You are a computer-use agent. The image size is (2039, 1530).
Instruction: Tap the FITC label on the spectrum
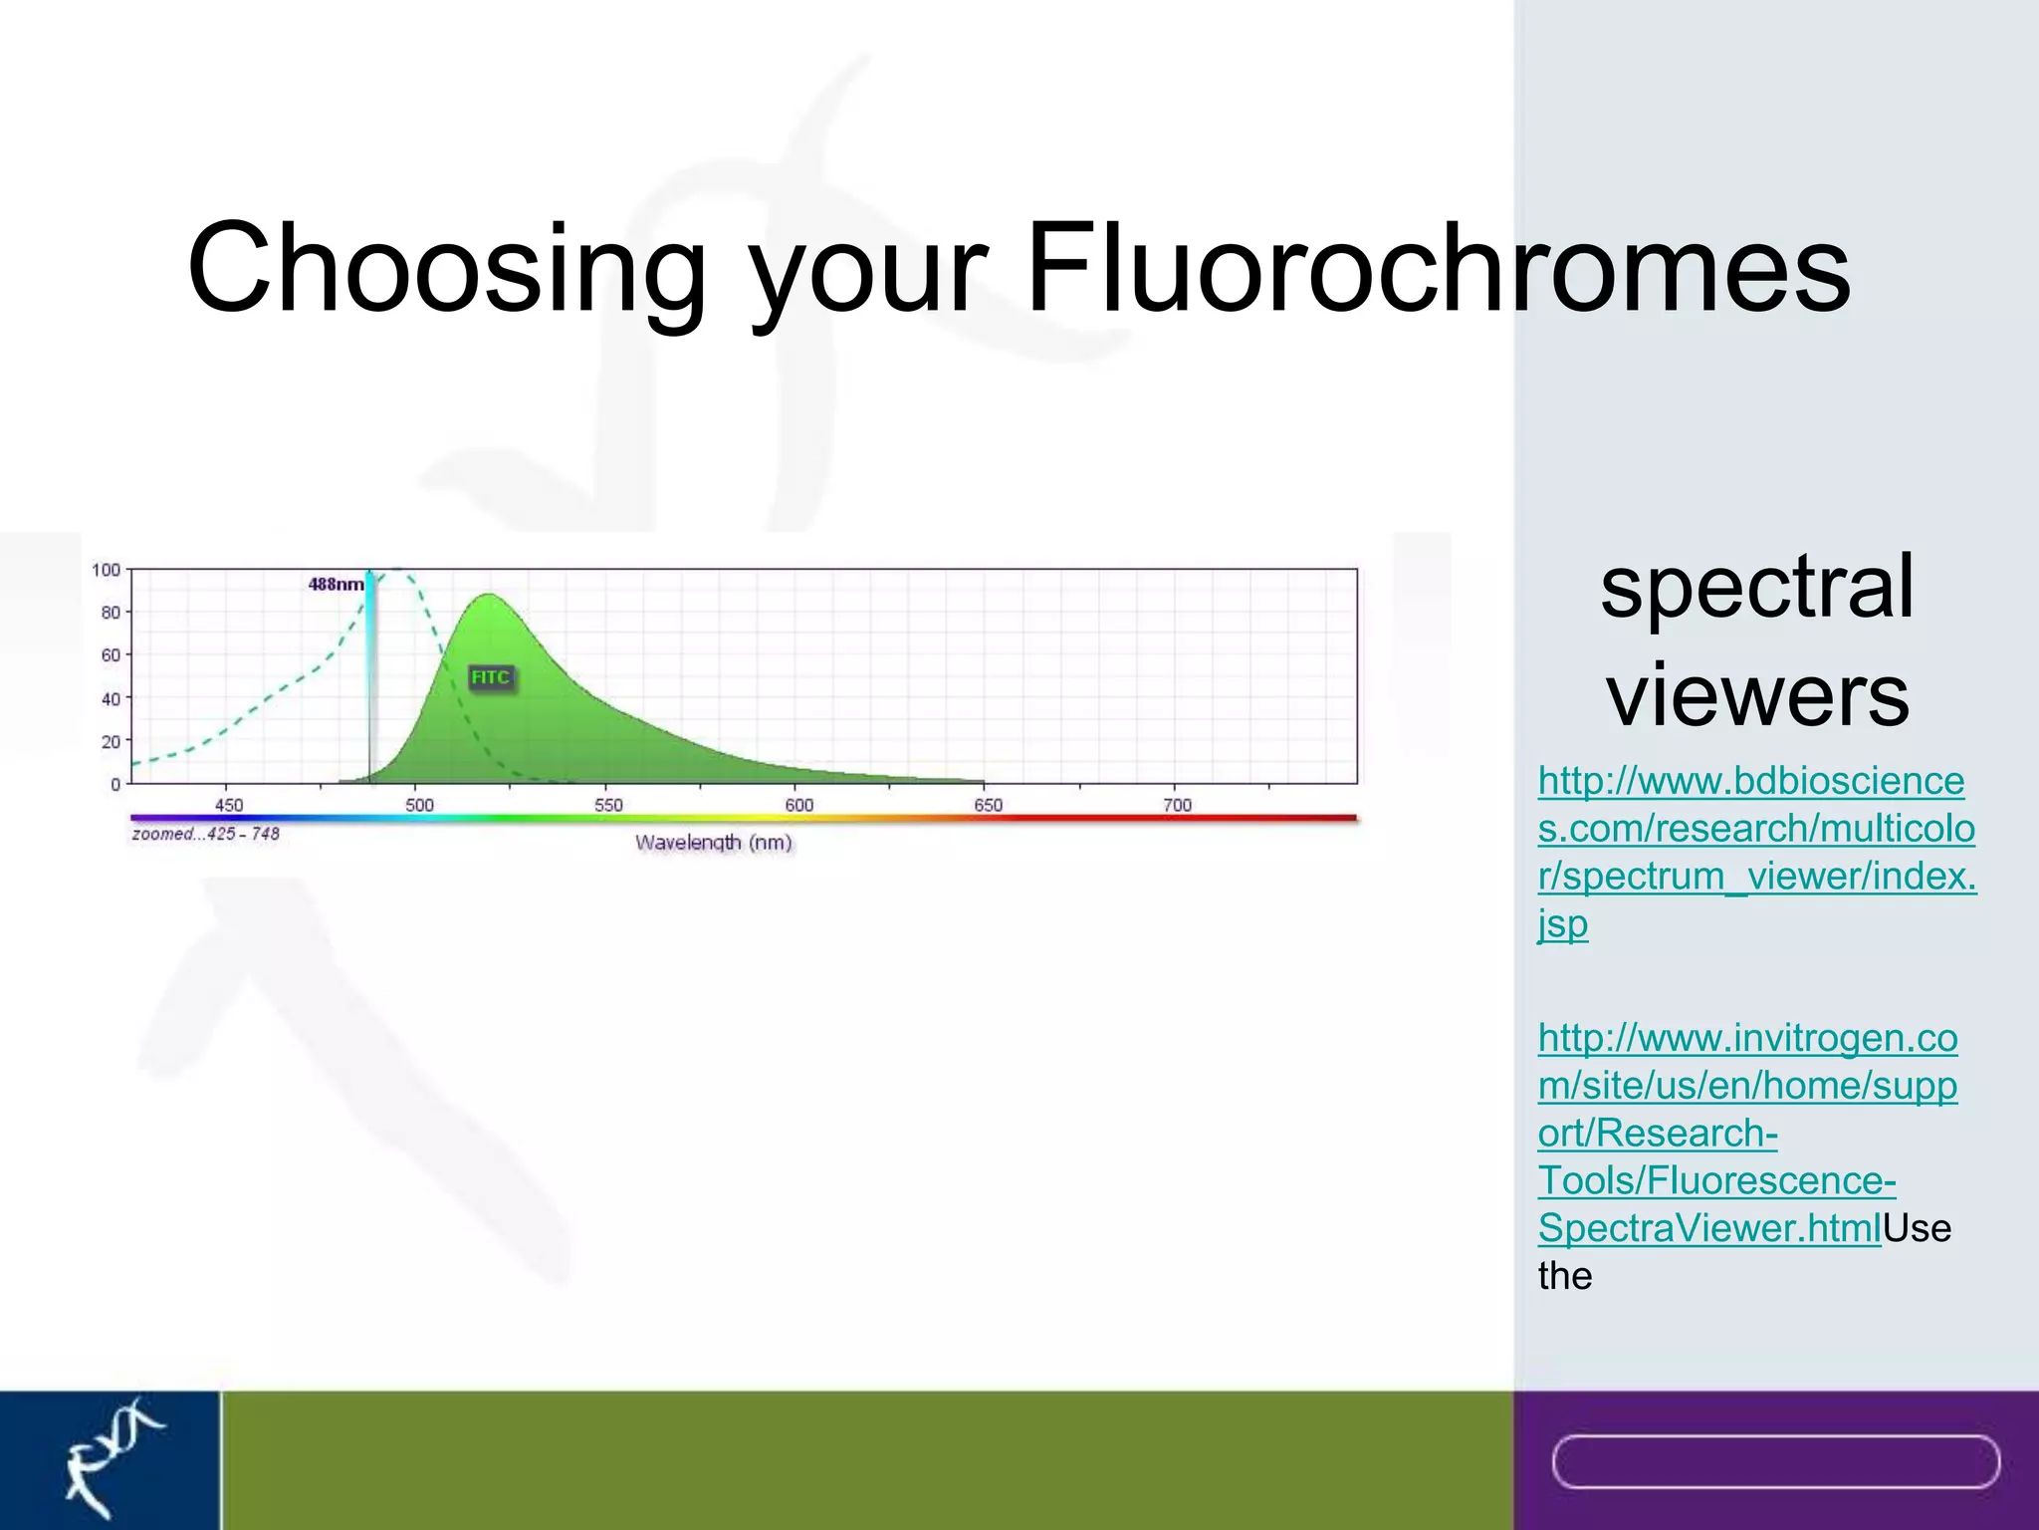[490, 677]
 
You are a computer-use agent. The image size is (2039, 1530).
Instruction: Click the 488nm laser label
[336, 584]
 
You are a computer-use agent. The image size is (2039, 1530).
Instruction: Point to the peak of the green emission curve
[489, 596]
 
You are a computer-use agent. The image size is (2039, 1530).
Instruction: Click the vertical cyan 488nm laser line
[370, 677]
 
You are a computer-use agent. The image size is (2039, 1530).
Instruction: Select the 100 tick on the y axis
[106, 570]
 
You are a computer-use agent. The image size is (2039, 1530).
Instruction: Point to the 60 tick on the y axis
[110, 654]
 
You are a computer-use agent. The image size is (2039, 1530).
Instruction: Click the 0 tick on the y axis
[114, 784]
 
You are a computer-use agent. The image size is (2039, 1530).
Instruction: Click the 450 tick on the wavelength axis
[228, 805]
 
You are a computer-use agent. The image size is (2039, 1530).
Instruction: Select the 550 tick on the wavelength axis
[608, 805]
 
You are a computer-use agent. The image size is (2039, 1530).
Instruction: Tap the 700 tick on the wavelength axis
[1177, 805]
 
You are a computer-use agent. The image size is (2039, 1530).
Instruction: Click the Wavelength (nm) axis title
[713, 843]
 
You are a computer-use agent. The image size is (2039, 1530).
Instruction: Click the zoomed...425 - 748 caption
[205, 834]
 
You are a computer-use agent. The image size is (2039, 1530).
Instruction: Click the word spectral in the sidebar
[1756, 588]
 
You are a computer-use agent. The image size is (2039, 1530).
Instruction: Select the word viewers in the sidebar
[1757, 694]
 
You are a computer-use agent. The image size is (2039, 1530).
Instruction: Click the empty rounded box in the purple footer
[1775, 1461]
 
